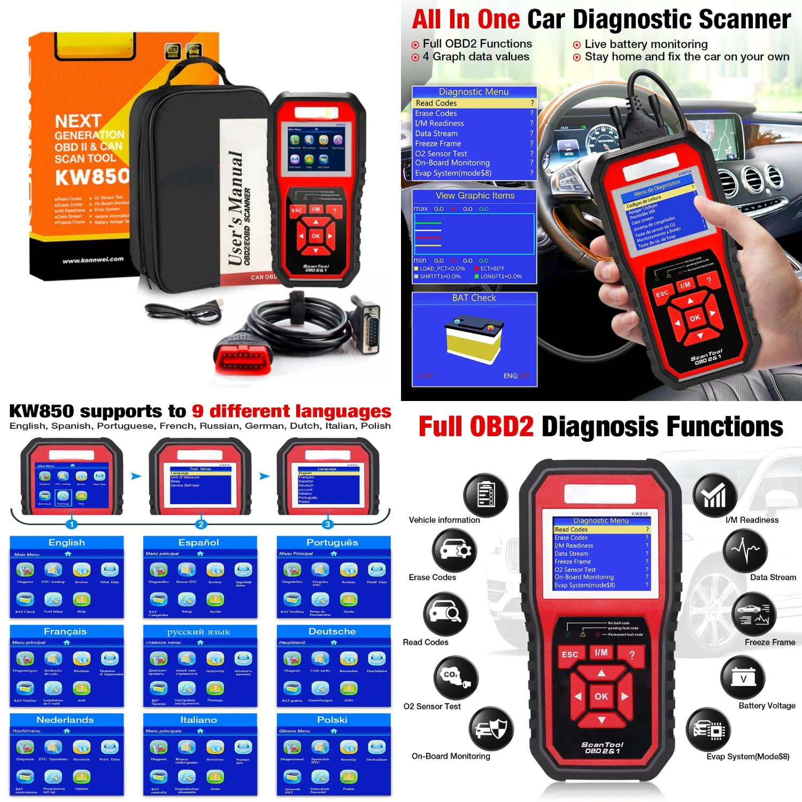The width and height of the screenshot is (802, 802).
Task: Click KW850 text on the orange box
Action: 91,176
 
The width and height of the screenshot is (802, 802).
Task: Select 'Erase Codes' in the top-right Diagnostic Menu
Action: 436,113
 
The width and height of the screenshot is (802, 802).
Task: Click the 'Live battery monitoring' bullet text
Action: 646,44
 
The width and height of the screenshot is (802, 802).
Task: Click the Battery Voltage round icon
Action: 743,677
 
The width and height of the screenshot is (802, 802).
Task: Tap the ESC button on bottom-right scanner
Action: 569,655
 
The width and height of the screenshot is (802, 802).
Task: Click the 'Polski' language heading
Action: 332,720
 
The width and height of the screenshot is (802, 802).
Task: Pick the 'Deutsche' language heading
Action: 332,631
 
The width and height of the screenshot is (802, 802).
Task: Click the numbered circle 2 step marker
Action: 200,525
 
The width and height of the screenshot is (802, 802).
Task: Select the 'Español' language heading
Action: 198,543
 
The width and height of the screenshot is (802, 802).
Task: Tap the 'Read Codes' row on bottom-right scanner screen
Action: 572,529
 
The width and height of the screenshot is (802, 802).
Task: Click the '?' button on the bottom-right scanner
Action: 632,656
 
